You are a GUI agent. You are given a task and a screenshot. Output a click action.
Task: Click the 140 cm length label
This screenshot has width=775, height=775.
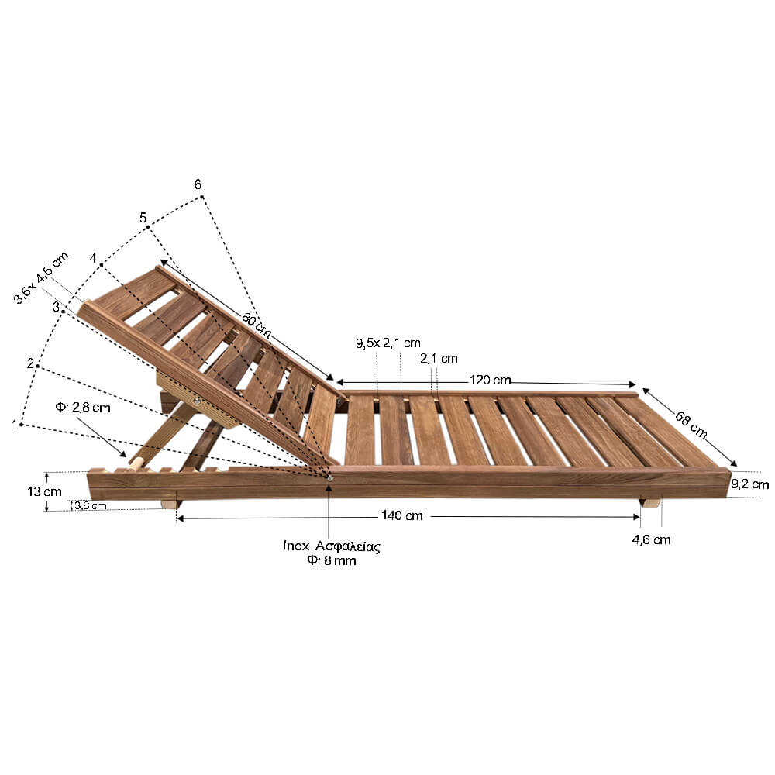401,515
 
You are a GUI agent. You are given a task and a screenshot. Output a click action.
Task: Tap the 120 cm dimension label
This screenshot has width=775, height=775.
490,380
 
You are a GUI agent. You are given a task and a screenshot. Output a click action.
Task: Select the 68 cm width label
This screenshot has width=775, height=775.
691,425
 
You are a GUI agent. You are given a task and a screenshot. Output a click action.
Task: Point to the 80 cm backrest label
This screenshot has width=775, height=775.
257,324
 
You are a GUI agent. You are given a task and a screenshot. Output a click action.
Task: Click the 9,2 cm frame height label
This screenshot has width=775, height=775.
749,484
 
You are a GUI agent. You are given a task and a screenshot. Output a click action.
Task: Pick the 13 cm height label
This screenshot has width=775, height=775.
44,492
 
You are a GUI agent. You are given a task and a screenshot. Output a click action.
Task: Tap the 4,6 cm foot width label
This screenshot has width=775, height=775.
652,539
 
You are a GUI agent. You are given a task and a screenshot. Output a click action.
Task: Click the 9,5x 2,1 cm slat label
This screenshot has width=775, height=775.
388,343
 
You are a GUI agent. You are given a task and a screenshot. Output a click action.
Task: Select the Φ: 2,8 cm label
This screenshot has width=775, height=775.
83,408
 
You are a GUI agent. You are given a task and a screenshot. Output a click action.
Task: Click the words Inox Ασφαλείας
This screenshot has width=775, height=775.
332,546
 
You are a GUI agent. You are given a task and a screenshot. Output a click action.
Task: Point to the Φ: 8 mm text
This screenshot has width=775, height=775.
331,560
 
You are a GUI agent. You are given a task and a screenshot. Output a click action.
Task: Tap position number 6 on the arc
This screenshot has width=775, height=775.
198,184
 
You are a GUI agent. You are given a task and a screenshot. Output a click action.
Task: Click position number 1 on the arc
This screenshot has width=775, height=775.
15,425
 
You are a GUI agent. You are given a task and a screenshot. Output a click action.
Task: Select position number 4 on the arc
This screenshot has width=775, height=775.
93,258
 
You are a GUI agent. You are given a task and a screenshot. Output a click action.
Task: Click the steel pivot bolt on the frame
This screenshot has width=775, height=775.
329,477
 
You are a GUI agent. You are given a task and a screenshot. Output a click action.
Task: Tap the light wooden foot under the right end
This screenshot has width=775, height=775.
649,503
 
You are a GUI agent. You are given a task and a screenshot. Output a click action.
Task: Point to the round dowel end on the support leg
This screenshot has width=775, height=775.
136,463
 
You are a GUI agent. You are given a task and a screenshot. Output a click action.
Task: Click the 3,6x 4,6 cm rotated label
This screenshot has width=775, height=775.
42,278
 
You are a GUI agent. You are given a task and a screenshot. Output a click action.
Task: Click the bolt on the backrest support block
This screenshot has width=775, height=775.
197,401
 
